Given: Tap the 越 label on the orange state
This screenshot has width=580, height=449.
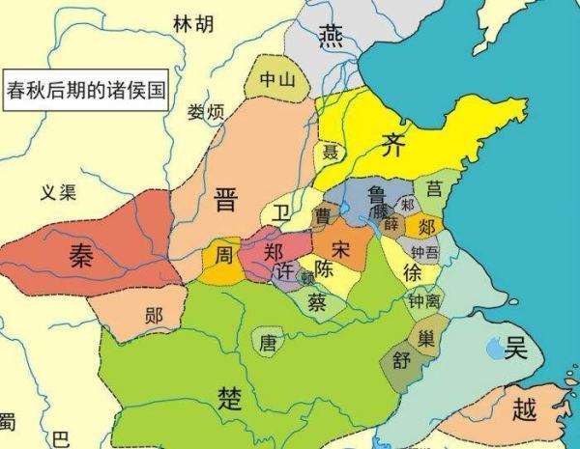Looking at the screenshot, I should [524, 410].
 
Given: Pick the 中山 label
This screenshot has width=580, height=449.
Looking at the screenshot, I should [275, 82].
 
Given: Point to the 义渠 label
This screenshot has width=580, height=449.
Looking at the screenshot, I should [57, 192].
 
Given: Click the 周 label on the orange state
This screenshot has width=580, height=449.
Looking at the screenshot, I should [223, 256].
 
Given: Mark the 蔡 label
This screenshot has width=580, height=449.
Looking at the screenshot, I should [316, 300].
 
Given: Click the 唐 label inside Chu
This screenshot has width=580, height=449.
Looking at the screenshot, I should [268, 341].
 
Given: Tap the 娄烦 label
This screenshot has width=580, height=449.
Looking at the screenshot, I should [206, 113].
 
